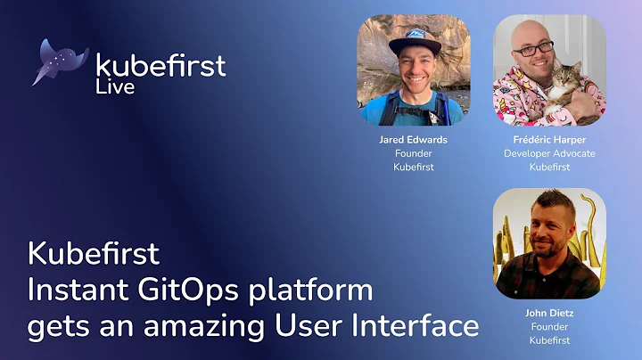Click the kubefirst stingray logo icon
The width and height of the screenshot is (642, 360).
click(x=61, y=61)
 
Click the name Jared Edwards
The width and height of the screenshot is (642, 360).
click(x=414, y=140)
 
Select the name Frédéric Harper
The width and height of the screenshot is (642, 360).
click(x=549, y=140)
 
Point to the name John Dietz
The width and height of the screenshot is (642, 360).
click(x=549, y=313)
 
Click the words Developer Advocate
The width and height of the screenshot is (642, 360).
click(x=549, y=153)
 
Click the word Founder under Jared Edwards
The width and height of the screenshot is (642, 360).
click(x=414, y=153)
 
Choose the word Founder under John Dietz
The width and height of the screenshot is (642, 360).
click(x=549, y=326)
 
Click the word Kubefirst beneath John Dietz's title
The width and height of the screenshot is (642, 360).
click(x=549, y=340)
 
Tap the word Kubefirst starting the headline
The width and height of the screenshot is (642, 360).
click(x=93, y=254)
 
